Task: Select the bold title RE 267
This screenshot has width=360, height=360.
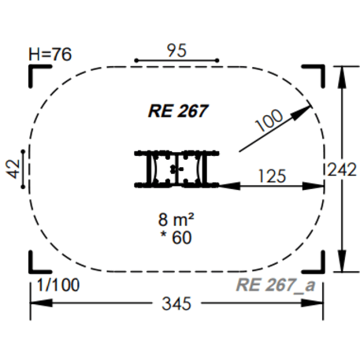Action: (x=177, y=110)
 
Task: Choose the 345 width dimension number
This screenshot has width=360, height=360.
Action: (x=177, y=302)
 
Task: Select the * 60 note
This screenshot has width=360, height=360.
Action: (x=177, y=236)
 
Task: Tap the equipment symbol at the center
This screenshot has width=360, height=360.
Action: (x=177, y=169)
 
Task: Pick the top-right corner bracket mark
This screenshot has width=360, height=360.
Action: (x=318, y=72)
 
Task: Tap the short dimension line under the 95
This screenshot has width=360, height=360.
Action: (x=176, y=60)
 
